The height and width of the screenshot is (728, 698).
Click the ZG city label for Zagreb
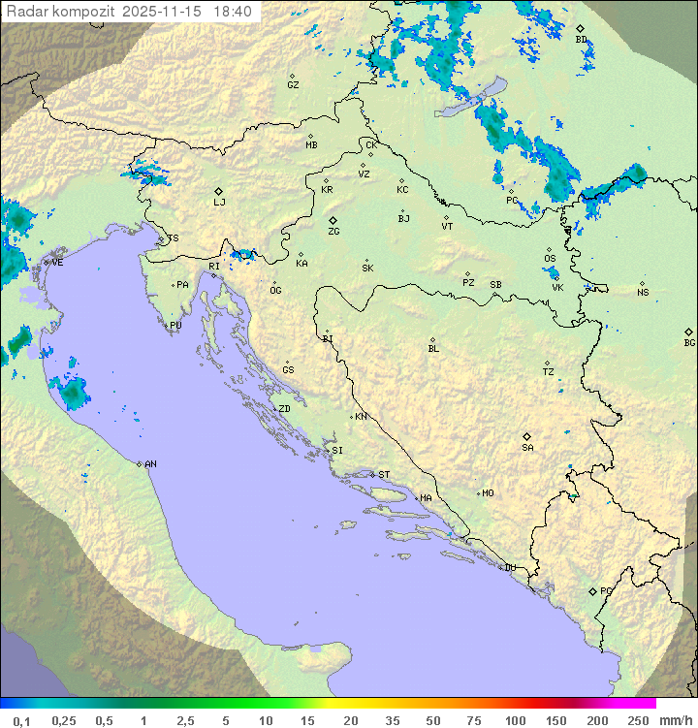(333, 232)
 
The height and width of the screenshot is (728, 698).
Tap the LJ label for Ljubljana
(219, 203)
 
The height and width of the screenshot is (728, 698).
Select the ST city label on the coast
(384, 475)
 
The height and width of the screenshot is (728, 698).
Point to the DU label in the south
(509, 568)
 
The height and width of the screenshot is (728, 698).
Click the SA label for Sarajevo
(527, 448)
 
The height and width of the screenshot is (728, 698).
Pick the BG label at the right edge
(689, 342)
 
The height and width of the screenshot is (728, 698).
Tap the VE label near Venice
(57, 263)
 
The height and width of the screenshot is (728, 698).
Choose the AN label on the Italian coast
(150, 464)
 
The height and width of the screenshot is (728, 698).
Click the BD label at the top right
(581, 40)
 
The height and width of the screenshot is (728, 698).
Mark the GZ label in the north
(293, 85)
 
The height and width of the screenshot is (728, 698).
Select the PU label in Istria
(175, 326)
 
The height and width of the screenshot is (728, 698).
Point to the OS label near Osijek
(550, 259)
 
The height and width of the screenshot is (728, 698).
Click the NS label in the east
(643, 293)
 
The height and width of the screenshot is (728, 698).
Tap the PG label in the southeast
(606, 590)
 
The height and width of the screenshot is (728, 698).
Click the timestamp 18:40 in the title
(234, 12)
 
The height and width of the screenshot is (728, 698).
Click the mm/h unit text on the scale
(675, 720)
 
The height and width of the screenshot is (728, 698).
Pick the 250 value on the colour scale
(638, 720)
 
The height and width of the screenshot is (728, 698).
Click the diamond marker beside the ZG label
(333, 221)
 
